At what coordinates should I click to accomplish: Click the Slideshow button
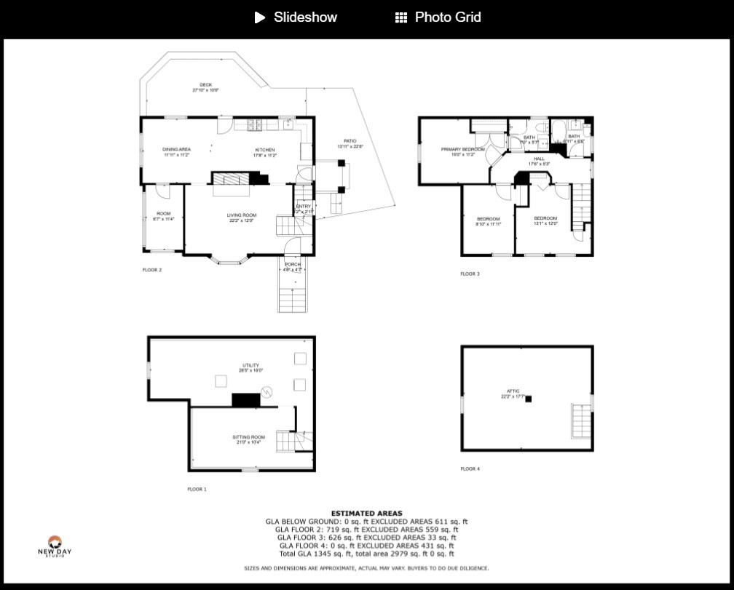coord(296,17)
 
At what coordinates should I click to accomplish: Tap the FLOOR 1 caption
coord(197,490)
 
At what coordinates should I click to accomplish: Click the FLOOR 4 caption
coord(470,469)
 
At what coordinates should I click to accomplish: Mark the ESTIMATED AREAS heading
coord(366,514)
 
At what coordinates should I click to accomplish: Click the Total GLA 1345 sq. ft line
coord(366,554)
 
